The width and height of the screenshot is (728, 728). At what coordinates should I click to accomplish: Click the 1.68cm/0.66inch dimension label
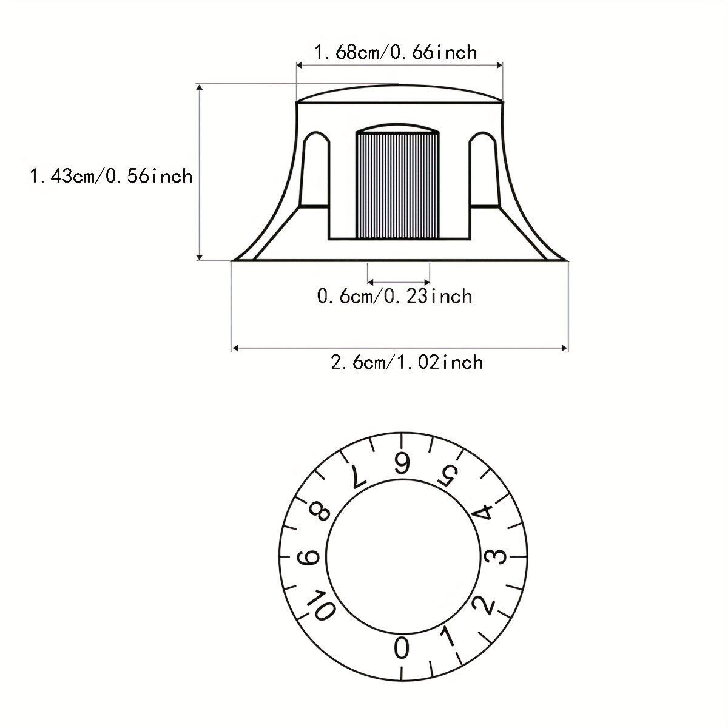[x=395, y=52]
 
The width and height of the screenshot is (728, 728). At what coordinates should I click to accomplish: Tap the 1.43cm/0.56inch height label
[x=111, y=176]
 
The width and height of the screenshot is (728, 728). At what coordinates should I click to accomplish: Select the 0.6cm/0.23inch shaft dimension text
[x=394, y=296]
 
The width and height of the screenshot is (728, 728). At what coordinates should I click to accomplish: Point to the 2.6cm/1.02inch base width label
[x=406, y=363]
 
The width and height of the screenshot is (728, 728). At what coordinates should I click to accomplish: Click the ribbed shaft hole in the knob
[x=397, y=185]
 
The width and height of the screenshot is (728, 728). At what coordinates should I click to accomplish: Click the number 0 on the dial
[x=401, y=648]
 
